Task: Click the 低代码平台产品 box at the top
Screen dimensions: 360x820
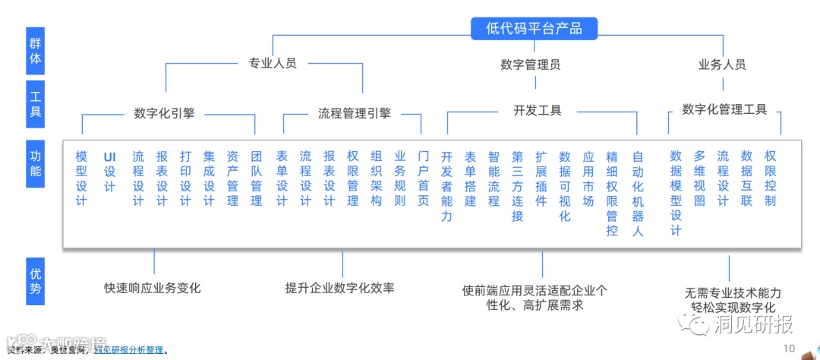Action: pos(535,29)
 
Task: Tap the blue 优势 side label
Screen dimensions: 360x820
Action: pos(36,282)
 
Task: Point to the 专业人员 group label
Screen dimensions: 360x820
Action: pos(273,64)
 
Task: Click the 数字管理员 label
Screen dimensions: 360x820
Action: pos(531,65)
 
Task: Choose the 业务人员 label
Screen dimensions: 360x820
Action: pos(722,65)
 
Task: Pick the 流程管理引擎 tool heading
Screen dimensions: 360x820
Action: pos(354,114)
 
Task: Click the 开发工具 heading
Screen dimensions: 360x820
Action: pos(538,111)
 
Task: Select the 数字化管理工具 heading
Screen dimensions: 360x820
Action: pos(724,109)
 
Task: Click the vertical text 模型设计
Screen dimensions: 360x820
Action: pos(82,178)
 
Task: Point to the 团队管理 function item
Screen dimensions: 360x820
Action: pos(257,178)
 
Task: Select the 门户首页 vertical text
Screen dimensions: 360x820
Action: pos(424,178)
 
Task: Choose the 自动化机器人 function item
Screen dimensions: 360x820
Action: pos(638,194)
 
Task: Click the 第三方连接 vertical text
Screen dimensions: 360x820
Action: pos(518,186)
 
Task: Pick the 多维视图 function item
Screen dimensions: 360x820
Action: pos(700,178)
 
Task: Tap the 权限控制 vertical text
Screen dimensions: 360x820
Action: pos(771,178)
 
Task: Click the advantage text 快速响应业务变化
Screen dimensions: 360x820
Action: pos(153,289)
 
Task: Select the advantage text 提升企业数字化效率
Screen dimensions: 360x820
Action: pos(340,289)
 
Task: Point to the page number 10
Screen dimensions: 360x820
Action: pos(789,348)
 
